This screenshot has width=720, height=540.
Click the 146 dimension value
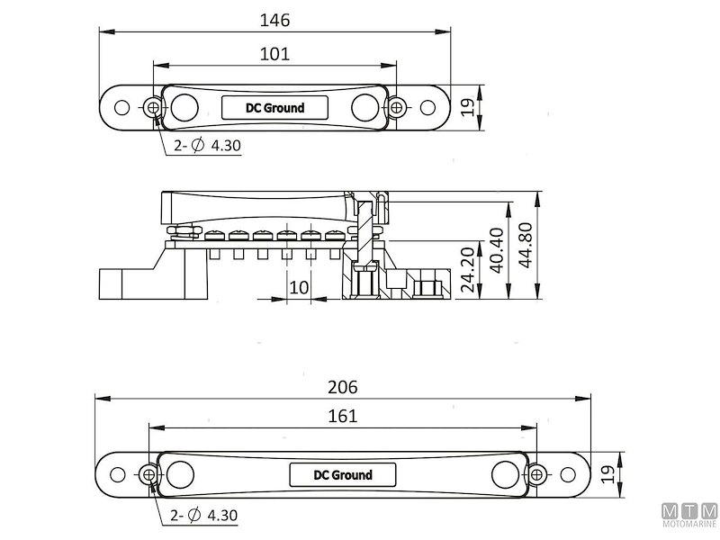[x=275, y=18]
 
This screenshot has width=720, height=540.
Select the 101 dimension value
[x=275, y=54]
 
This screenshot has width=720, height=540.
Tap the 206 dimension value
[x=343, y=387]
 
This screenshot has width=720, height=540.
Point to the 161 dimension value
[x=343, y=416]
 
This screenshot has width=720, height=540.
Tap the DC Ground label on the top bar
[x=274, y=108]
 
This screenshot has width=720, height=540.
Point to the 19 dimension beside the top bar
[x=467, y=107]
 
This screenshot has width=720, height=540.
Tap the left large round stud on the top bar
[x=184, y=107]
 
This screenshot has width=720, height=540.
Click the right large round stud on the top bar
[x=364, y=107]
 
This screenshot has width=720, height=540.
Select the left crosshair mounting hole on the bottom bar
[x=149, y=474]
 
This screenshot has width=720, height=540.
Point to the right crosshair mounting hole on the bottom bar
[x=536, y=474]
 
